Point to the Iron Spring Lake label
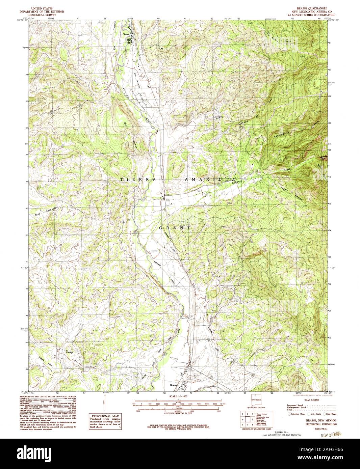[216, 118]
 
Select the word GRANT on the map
[175, 228]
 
